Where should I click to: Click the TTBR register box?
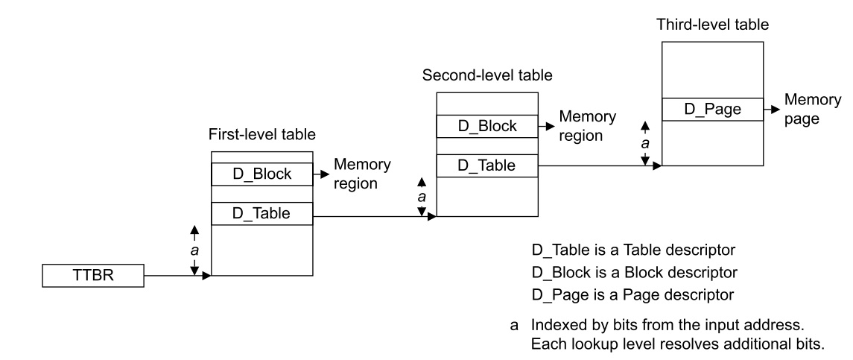point(93,276)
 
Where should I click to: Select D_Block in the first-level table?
point(261,174)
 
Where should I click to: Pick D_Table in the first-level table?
point(261,214)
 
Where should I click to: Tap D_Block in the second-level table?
point(486,126)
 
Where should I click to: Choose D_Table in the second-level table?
point(486,165)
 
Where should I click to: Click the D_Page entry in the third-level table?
point(712,110)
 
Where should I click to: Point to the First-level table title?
point(262,135)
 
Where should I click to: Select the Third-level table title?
point(712,25)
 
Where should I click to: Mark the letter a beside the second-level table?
point(422,197)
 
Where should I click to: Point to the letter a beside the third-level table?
point(646,142)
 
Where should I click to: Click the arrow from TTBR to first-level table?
point(177,277)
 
